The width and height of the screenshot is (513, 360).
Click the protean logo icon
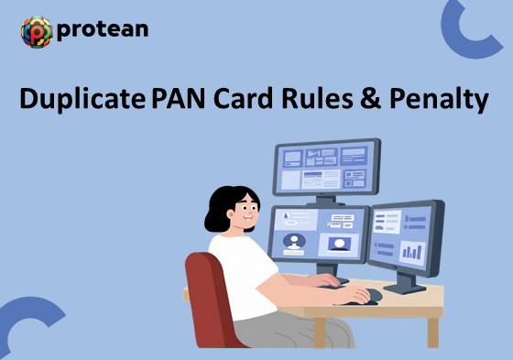click(x=36, y=31)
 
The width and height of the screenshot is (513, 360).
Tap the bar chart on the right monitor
click(x=413, y=249)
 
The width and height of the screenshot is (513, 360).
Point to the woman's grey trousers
click(x=293, y=330)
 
